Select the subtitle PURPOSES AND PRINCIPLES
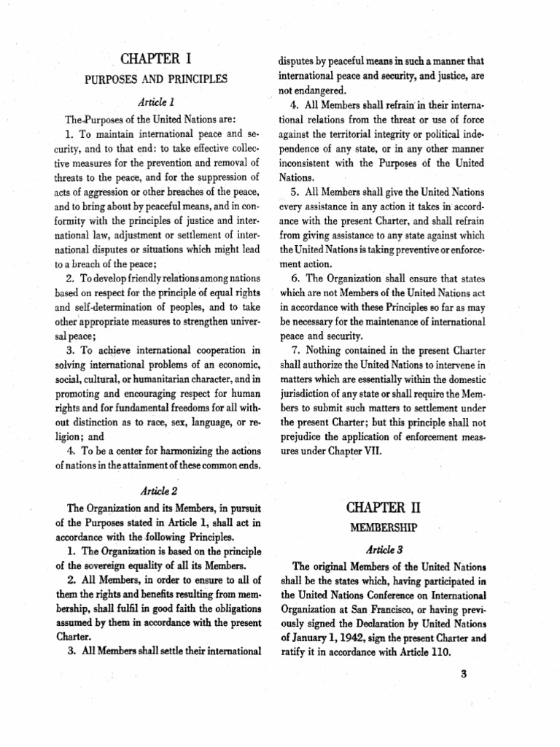pyautogui.click(x=157, y=79)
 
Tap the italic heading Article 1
pyautogui.click(x=156, y=102)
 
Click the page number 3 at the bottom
pyautogui.click(x=463, y=673)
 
